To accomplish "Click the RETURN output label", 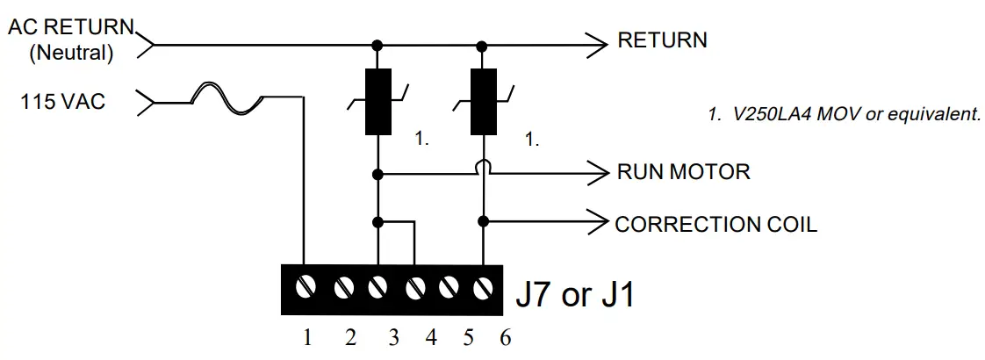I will coord(662,40).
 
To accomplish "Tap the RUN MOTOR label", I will coord(684,171).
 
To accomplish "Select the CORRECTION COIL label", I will coord(715,224).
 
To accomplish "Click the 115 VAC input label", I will coord(62,103).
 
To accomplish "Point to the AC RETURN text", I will coord(71,27).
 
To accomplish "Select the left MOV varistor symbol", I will coord(378,103).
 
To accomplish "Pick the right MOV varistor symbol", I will coord(482,103).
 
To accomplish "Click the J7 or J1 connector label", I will coord(574,294).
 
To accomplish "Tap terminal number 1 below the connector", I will coord(307,338).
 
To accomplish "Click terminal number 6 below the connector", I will coord(504,338).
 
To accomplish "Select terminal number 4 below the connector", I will coord(430,338).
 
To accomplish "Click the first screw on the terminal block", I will coord(305,287).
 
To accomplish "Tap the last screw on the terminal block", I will coord(483,287).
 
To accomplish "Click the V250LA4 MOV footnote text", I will coord(844,115).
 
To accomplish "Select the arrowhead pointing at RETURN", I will coord(596,41).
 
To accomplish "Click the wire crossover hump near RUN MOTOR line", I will coord(483,167).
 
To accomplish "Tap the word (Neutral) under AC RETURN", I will coord(72,54).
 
